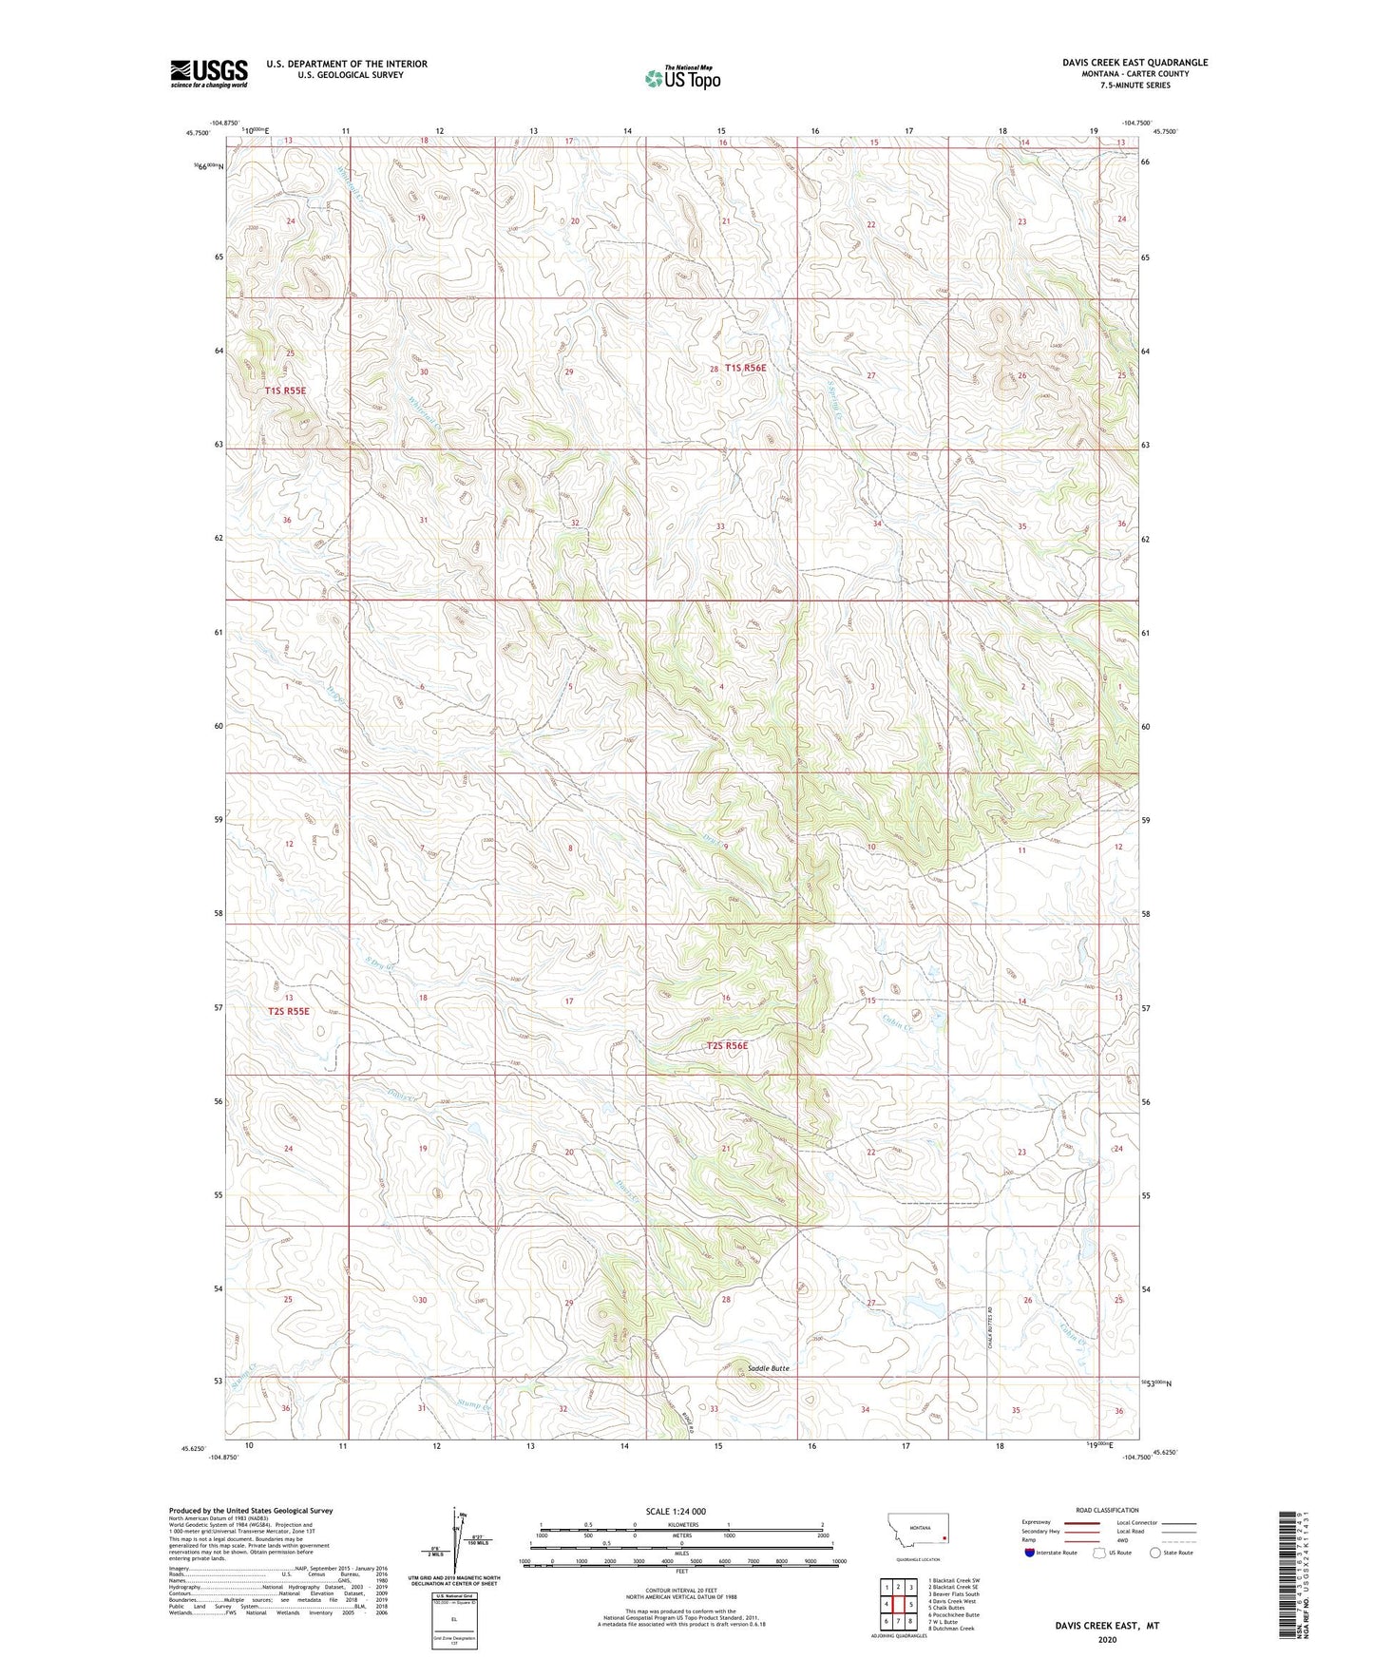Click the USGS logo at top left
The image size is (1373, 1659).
point(209,72)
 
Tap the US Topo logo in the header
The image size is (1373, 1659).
point(682,78)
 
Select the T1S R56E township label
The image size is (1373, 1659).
point(745,368)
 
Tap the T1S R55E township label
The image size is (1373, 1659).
point(285,391)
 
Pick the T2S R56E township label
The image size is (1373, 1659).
point(727,1046)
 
